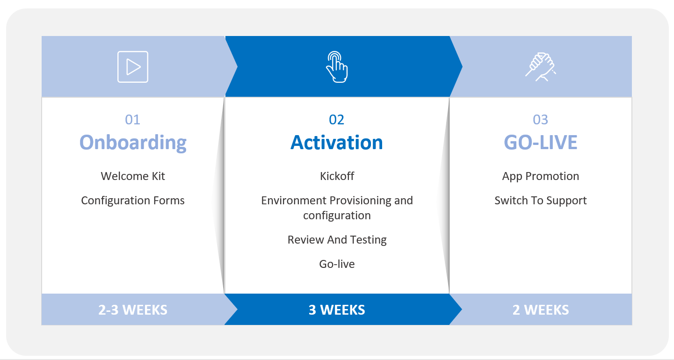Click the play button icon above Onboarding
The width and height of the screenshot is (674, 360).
pyautogui.click(x=133, y=67)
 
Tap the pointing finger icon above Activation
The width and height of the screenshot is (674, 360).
pyautogui.click(x=337, y=67)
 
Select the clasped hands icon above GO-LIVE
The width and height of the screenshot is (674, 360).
pyautogui.click(x=541, y=67)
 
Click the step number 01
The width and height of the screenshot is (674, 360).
pyautogui.click(x=132, y=120)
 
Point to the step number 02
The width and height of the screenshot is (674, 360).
pyautogui.click(x=336, y=120)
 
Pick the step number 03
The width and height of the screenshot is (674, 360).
pyautogui.click(x=540, y=120)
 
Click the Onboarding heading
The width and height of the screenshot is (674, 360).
pyautogui.click(x=133, y=142)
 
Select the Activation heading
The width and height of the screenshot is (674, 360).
pyautogui.click(x=337, y=142)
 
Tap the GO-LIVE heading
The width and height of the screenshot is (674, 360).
pyautogui.click(x=540, y=142)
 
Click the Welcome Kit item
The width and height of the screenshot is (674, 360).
pyautogui.click(x=133, y=176)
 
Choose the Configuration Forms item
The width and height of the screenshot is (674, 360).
pyautogui.click(x=133, y=200)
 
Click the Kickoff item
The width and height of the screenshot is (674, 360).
pyautogui.click(x=337, y=176)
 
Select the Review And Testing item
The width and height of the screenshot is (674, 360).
pyautogui.click(x=337, y=240)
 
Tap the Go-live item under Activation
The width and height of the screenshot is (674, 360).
pyautogui.click(x=337, y=264)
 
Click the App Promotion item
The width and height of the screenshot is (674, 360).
pyautogui.click(x=541, y=176)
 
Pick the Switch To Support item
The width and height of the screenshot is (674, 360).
pyautogui.click(x=541, y=201)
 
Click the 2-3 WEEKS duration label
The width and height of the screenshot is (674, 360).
pyautogui.click(x=133, y=310)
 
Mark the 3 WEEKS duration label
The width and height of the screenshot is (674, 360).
pyautogui.click(x=337, y=310)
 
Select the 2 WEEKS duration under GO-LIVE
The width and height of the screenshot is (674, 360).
pyautogui.click(x=541, y=310)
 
